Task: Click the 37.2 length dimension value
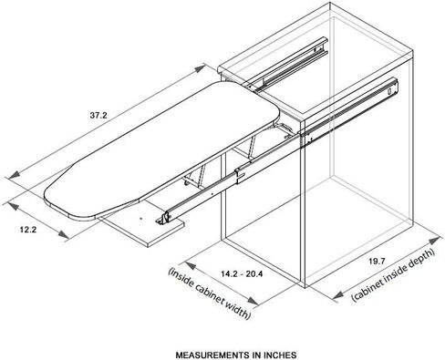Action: [98, 116]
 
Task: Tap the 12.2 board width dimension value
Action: [28, 230]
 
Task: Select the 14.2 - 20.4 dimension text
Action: [242, 274]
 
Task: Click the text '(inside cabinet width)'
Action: [210, 293]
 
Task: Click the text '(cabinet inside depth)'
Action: [394, 275]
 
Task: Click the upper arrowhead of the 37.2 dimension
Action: [200, 68]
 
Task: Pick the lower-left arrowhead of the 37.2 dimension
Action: [14, 175]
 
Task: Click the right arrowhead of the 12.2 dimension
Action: [63, 234]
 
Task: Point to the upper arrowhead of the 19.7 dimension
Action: [434, 241]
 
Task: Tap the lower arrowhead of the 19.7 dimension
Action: [338, 294]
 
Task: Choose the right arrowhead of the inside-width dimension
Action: [252, 301]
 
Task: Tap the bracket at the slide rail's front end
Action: [162, 218]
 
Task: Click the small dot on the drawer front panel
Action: [140, 218]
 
